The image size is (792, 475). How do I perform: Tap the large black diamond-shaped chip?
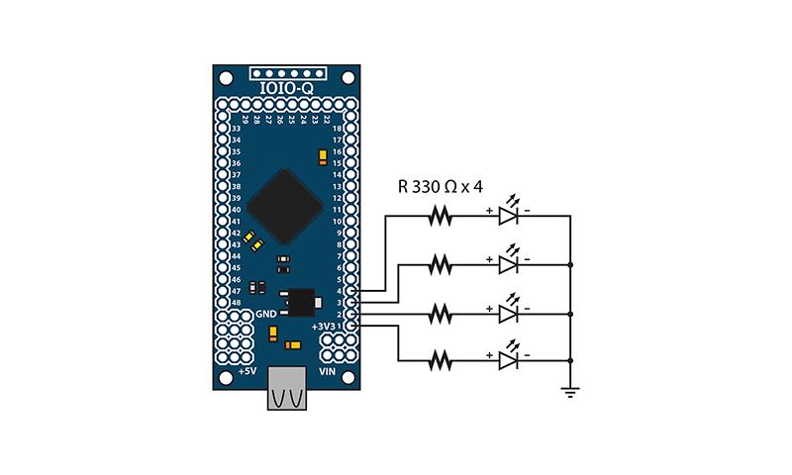click(x=287, y=204)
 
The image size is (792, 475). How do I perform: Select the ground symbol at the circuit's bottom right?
click(x=570, y=390)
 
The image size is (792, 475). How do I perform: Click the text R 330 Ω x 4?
click(x=439, y=186)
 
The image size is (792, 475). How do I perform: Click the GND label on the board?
click(x=266, y=314)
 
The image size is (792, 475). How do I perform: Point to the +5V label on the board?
click(x=247, y=371)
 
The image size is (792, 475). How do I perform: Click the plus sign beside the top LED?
click(x=489, y=210)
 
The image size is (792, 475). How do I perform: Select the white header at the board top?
click(x=287, y=73)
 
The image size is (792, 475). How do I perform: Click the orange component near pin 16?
click(x=323, y=156)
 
